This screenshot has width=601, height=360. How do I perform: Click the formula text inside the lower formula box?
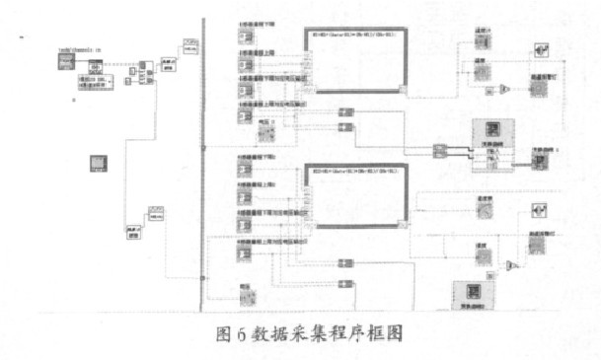tap(351, 171)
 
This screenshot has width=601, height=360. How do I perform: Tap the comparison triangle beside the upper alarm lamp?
tap(503, 90)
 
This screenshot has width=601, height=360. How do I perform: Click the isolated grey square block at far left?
tap(99, 162)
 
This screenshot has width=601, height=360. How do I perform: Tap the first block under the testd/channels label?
tap(64, 64)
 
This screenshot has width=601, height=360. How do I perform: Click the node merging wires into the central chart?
tap(440, 150)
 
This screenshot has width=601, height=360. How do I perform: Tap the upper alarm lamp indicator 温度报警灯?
tap(538, 88)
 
